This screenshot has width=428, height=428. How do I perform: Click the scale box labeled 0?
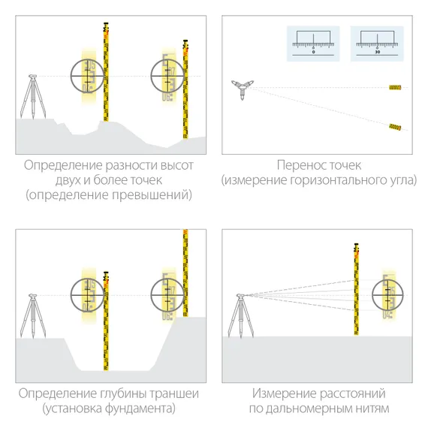tap(313, 43)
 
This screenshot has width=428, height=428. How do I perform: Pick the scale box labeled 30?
tap(377, 43)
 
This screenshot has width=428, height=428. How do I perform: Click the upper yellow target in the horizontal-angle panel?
tap(394, 89)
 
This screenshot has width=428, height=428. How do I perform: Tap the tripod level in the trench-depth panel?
tap(32, 316)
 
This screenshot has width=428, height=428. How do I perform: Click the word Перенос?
tap(298, 165)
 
